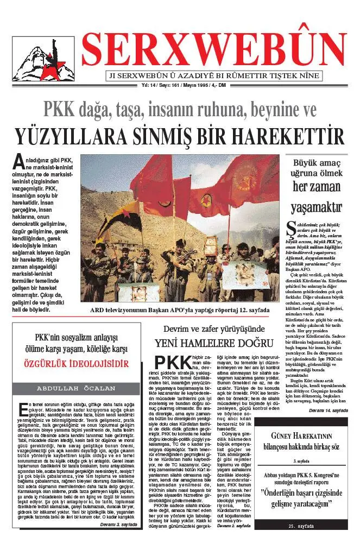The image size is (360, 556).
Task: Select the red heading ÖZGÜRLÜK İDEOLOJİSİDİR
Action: pyautogui.click(x=76, y=363)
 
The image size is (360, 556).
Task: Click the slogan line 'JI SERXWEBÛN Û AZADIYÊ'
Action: pyautogui.click(x=214, y=75)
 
